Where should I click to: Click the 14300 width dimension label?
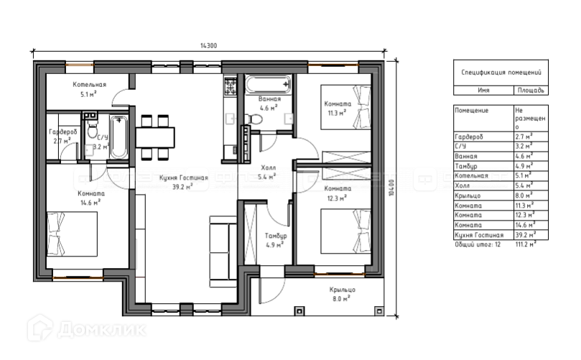point(208,45)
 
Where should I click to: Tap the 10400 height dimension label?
point(392,188)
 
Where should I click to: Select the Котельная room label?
point(89,85)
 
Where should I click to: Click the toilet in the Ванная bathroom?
point(254,119)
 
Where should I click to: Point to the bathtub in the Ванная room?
point(269,85)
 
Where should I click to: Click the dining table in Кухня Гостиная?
point(155,137)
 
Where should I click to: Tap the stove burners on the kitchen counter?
point(230,87)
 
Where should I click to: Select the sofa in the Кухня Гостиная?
point(223,251)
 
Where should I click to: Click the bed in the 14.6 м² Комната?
point(72,234)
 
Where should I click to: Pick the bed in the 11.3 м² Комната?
point(345,107)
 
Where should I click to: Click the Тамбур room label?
point(276,236)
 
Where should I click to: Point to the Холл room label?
point(269,167)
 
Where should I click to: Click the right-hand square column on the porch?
point(378,310)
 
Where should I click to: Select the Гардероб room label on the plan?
point(63,132)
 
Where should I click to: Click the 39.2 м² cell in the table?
point(526,235)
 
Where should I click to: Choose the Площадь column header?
point(531,90)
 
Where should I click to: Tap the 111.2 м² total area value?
point(526,244)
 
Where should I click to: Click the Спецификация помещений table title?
point(501,73)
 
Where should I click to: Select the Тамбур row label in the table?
point(466,166)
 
